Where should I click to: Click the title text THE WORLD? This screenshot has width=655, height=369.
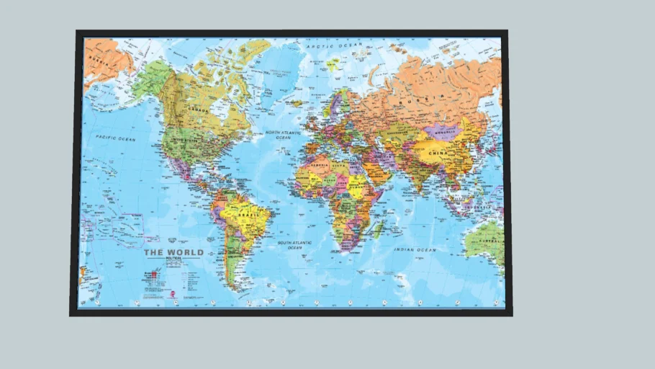click(173, 252)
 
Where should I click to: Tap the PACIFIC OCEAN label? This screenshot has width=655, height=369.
click(117, 138)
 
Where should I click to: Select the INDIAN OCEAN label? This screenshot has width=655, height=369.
click(415, 249)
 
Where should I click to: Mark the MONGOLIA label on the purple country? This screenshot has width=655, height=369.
click(443, 132)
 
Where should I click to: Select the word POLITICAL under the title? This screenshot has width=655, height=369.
click(173, 259)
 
